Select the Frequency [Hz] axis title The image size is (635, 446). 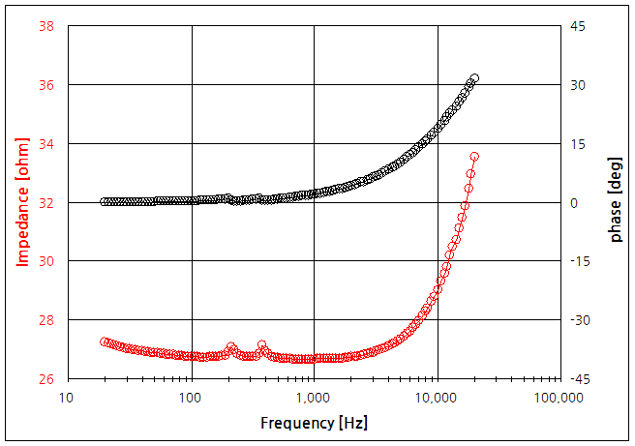tap(315, 423)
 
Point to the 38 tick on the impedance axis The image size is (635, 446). tap(45, 26)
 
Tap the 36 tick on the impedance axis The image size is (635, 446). tap(45, 85)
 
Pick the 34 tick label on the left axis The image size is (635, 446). tap(45, 144)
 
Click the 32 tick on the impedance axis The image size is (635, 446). tap(45, 203)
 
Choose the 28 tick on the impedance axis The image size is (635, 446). tap(45, 320)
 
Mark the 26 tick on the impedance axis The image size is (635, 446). tap(45, 379)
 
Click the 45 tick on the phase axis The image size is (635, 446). tap(577, 26)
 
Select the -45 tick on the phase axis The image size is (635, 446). tap(579, 379)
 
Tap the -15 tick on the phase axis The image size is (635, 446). tap(579, 261)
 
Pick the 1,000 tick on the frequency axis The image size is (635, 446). tap(315, 398)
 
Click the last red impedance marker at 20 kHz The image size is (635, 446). tap(474, 156)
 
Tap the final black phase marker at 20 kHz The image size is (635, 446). tap(474, 78)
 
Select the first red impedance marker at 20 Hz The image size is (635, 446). tap(105, 342)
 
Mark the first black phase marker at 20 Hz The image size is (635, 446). tap(105, 202)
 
